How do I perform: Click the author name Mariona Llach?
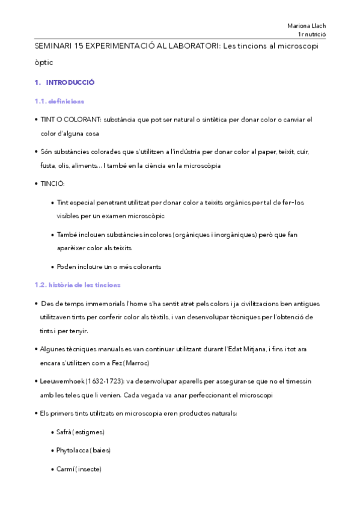pyautogui.click(x=308, y=26)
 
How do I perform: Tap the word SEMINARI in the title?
pyautogui.click(x=52, y=46)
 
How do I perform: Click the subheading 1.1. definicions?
pyautogui.click(x=59, y=101)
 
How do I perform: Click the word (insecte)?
pyautogui.click(x=88, y=469)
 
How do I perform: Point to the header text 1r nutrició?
pyautogui.click(x=311, y=35)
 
